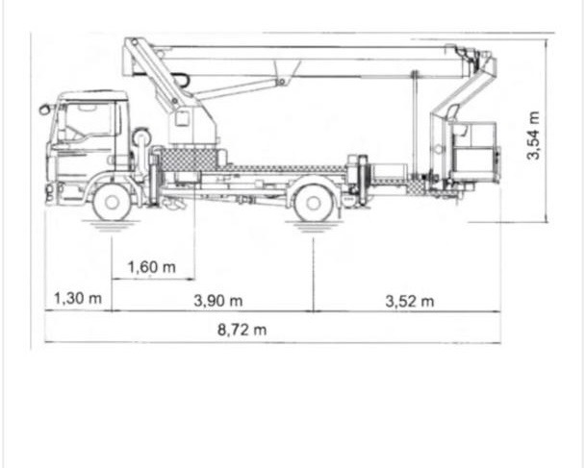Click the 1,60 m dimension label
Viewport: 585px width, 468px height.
(151, 266)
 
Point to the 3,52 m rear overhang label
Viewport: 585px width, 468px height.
(410, 301)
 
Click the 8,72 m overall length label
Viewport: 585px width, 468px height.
(242, 330)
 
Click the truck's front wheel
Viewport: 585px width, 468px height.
(113, 203)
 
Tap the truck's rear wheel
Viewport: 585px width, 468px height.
(314, 203)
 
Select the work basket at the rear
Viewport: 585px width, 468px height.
(473, 149)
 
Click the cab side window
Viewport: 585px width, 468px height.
(91, 121)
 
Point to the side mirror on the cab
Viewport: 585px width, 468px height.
(44, 110)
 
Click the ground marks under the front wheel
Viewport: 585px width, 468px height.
(112, 228)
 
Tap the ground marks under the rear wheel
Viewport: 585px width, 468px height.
(314, 228)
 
